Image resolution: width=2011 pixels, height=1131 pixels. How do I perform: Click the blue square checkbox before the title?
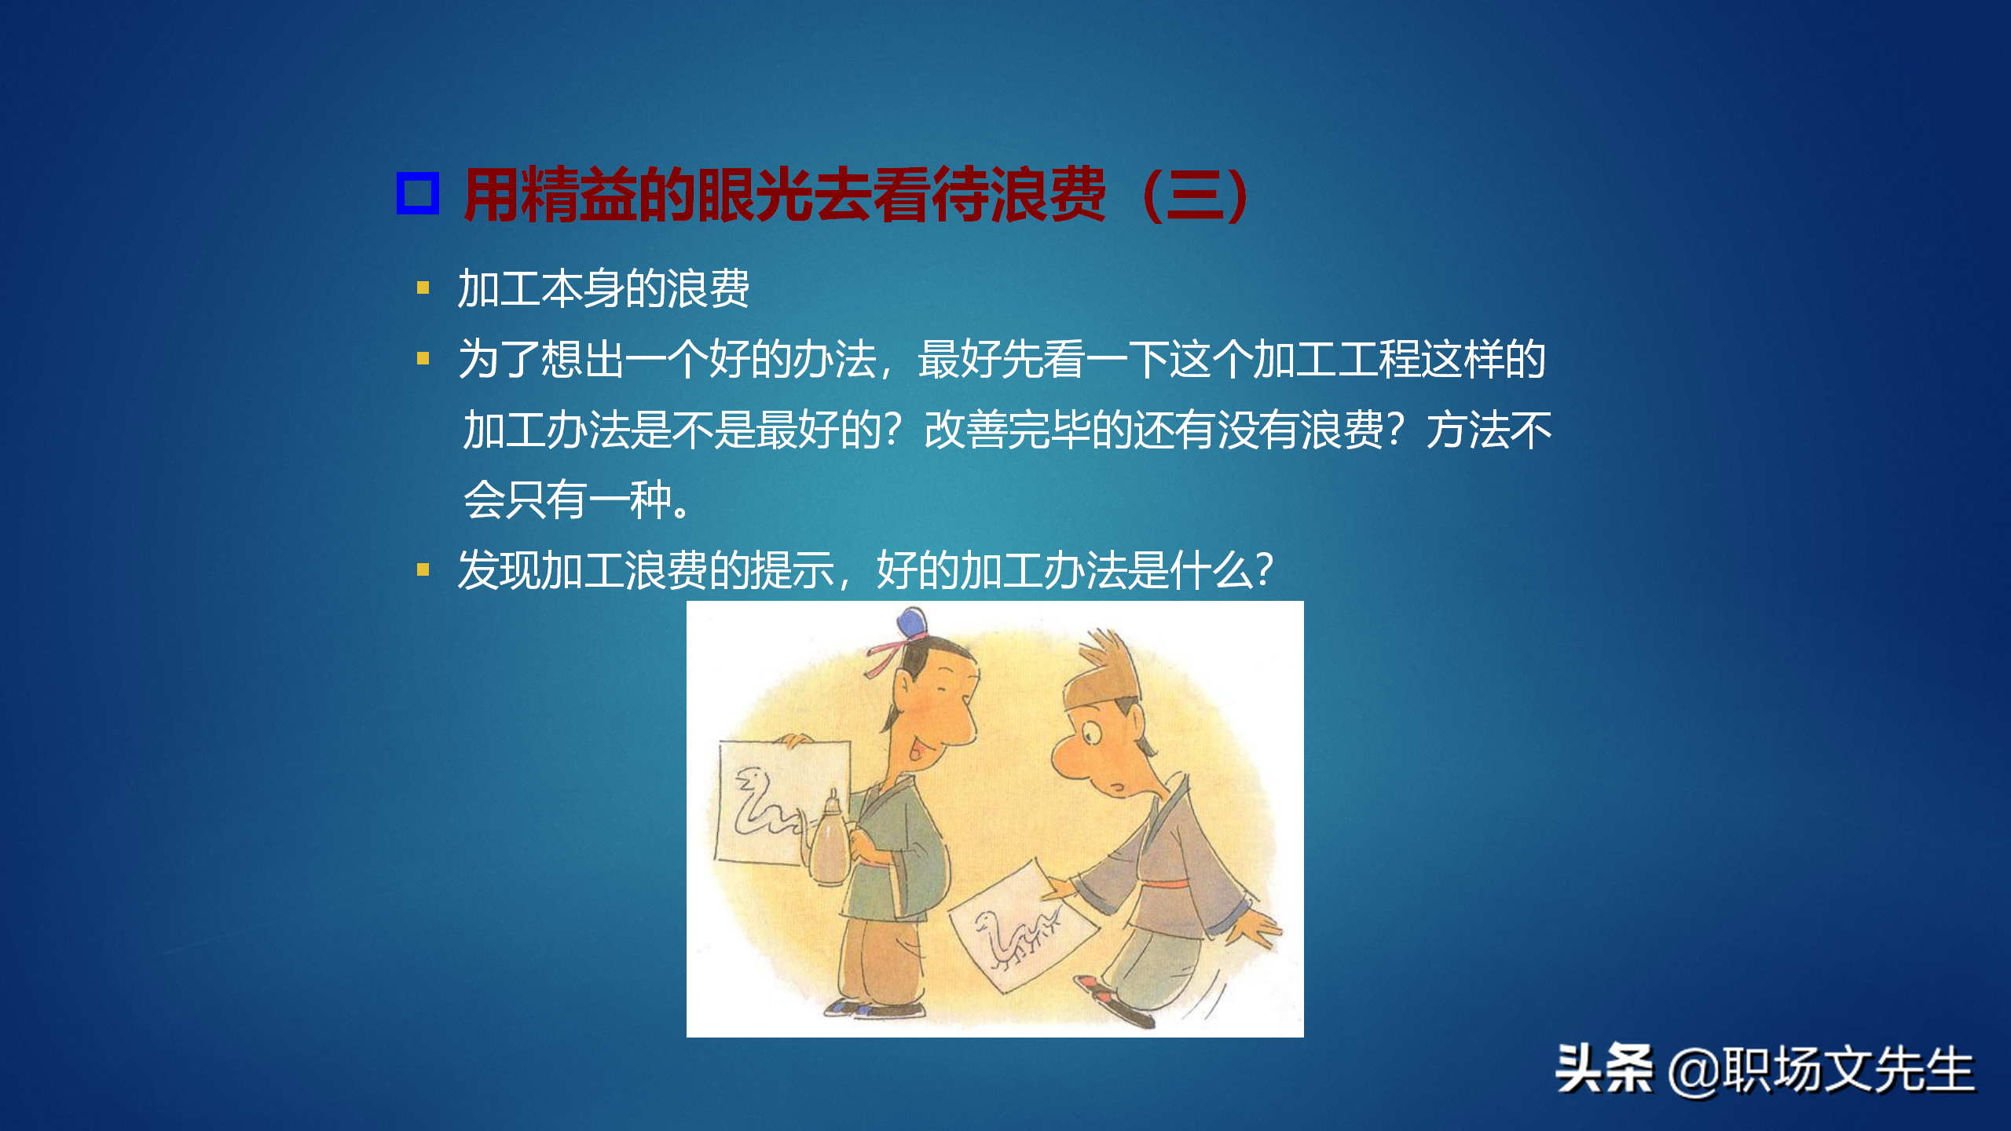417,193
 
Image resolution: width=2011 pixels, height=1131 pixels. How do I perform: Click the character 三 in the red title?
1196,196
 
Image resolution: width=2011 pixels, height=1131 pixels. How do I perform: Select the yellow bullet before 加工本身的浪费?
423,288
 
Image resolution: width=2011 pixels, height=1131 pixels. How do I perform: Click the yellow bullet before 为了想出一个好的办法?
423,359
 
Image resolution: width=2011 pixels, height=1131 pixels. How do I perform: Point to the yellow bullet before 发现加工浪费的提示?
423,570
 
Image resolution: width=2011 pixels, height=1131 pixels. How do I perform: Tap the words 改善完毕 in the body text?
1007,430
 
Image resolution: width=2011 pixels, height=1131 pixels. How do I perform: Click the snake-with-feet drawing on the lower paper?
1017,935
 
